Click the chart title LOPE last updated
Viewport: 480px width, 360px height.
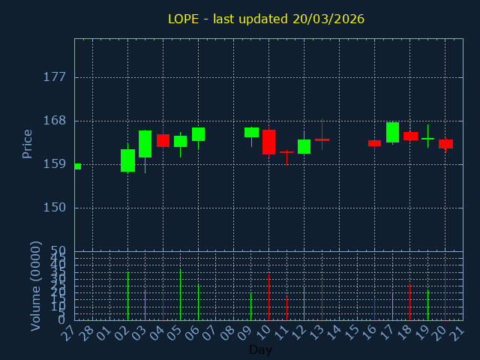click(266, 19)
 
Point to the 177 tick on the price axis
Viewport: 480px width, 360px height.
click(55, 77)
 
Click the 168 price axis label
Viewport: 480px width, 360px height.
click(55, 121)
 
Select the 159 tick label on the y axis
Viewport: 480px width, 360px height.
click(55, 164)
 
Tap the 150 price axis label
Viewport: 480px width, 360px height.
click(55, 208)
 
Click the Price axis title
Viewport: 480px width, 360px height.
click(28, 143)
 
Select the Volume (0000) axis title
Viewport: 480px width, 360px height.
click(35, 286)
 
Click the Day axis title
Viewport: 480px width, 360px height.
click(260, 349)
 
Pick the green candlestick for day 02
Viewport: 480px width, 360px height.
click(127, 160)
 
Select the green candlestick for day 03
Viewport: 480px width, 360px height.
click(145, 144)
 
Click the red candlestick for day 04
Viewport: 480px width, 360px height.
click(163, 140)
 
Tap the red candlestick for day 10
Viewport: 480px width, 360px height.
click(268, 142)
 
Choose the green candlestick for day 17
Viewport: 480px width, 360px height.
click(392, 132)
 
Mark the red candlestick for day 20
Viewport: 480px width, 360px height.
click(445, 144)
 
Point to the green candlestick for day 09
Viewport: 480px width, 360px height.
click(251, 132)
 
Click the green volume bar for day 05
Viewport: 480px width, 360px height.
click(180, 295)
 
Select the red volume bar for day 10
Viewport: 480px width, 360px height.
click(268, 297)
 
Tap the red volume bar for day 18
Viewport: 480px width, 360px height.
click(409, 301)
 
